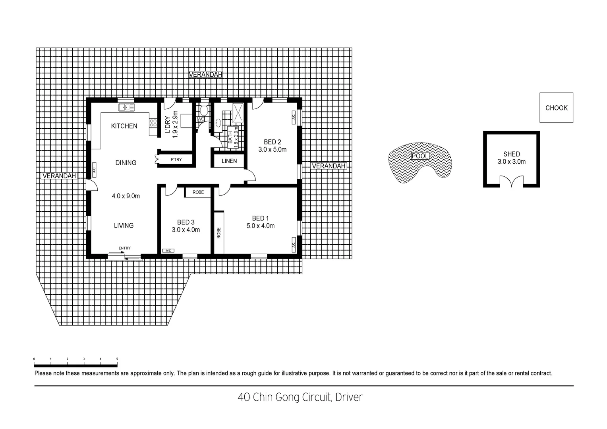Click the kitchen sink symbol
point(126,107)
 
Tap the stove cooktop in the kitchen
point(153,123)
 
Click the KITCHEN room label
point(124,126)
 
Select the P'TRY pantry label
point(176,160)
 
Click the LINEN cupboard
point(229,161)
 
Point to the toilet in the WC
point(204,110)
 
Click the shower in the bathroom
point(238,112)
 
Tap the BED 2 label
point(273,142)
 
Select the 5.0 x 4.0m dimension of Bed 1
point(261,226)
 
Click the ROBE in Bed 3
point(198,192)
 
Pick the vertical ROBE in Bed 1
point(219,232)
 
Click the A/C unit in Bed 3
point(168,251)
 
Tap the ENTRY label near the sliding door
point(124,248)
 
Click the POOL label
point(420,156)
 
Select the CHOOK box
point(556,108)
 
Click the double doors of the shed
point(511,182)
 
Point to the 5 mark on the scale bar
point(117,359)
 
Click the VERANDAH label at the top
point(205,74)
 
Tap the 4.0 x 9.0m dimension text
point(126,196)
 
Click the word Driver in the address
point(349,397)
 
